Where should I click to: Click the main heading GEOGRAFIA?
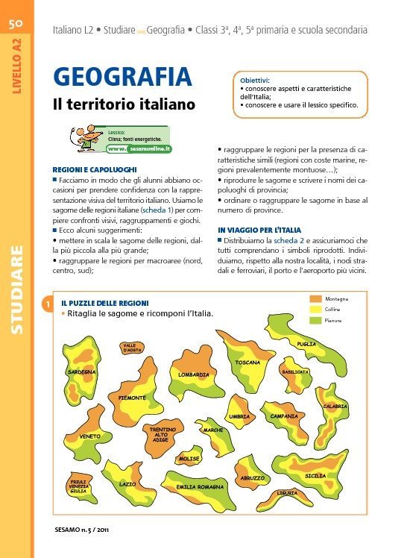pyautogui.click(x=122, y=77)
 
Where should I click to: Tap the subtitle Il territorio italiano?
pyautogui.click(x=124, y=104)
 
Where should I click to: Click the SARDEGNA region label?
pyautogui.click(x=82, y=372)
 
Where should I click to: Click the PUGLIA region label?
pyautogui.click(x=306, y=344)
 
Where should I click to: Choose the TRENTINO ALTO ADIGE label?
pyautogui.click(x=160, y=435)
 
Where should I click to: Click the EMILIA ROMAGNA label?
pyautogui.click(x=200, y=486)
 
